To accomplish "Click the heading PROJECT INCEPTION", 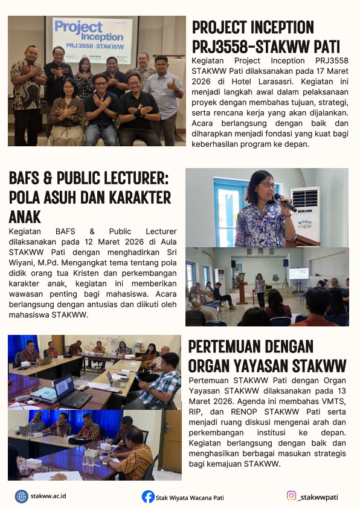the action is [x=252, y=27].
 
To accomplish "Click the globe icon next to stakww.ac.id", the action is [x=22, y=496].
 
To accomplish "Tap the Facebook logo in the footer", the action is [x=148, y=497].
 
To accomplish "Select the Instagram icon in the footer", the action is [x=291, y=496].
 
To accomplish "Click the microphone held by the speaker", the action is [x=284, y=202].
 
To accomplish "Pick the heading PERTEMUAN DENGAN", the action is [x=251, y=346].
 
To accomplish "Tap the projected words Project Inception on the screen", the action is [x=80, y=30].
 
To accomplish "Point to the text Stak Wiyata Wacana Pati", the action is [x=190, y=498].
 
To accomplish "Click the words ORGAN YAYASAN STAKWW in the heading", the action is [x=267, y=366].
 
